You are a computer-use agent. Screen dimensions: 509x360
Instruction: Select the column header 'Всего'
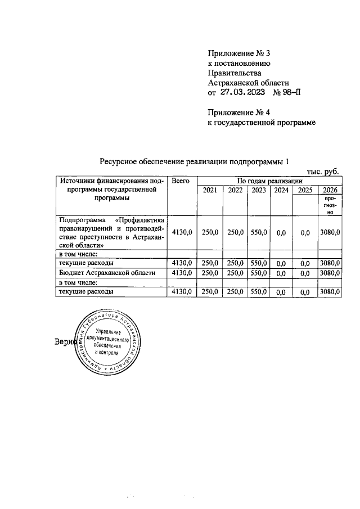(x=181, y=181)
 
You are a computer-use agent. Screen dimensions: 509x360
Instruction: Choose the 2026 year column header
(x=330, y=191)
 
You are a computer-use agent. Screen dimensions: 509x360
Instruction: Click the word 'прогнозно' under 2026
(x=330, y=206)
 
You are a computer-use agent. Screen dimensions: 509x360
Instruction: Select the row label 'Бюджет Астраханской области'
(x=105, y=273)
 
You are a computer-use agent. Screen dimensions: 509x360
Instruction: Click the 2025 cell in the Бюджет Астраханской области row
(x=305, y=273)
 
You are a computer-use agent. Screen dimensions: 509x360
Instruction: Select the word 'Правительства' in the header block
(x=235, y=73)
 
